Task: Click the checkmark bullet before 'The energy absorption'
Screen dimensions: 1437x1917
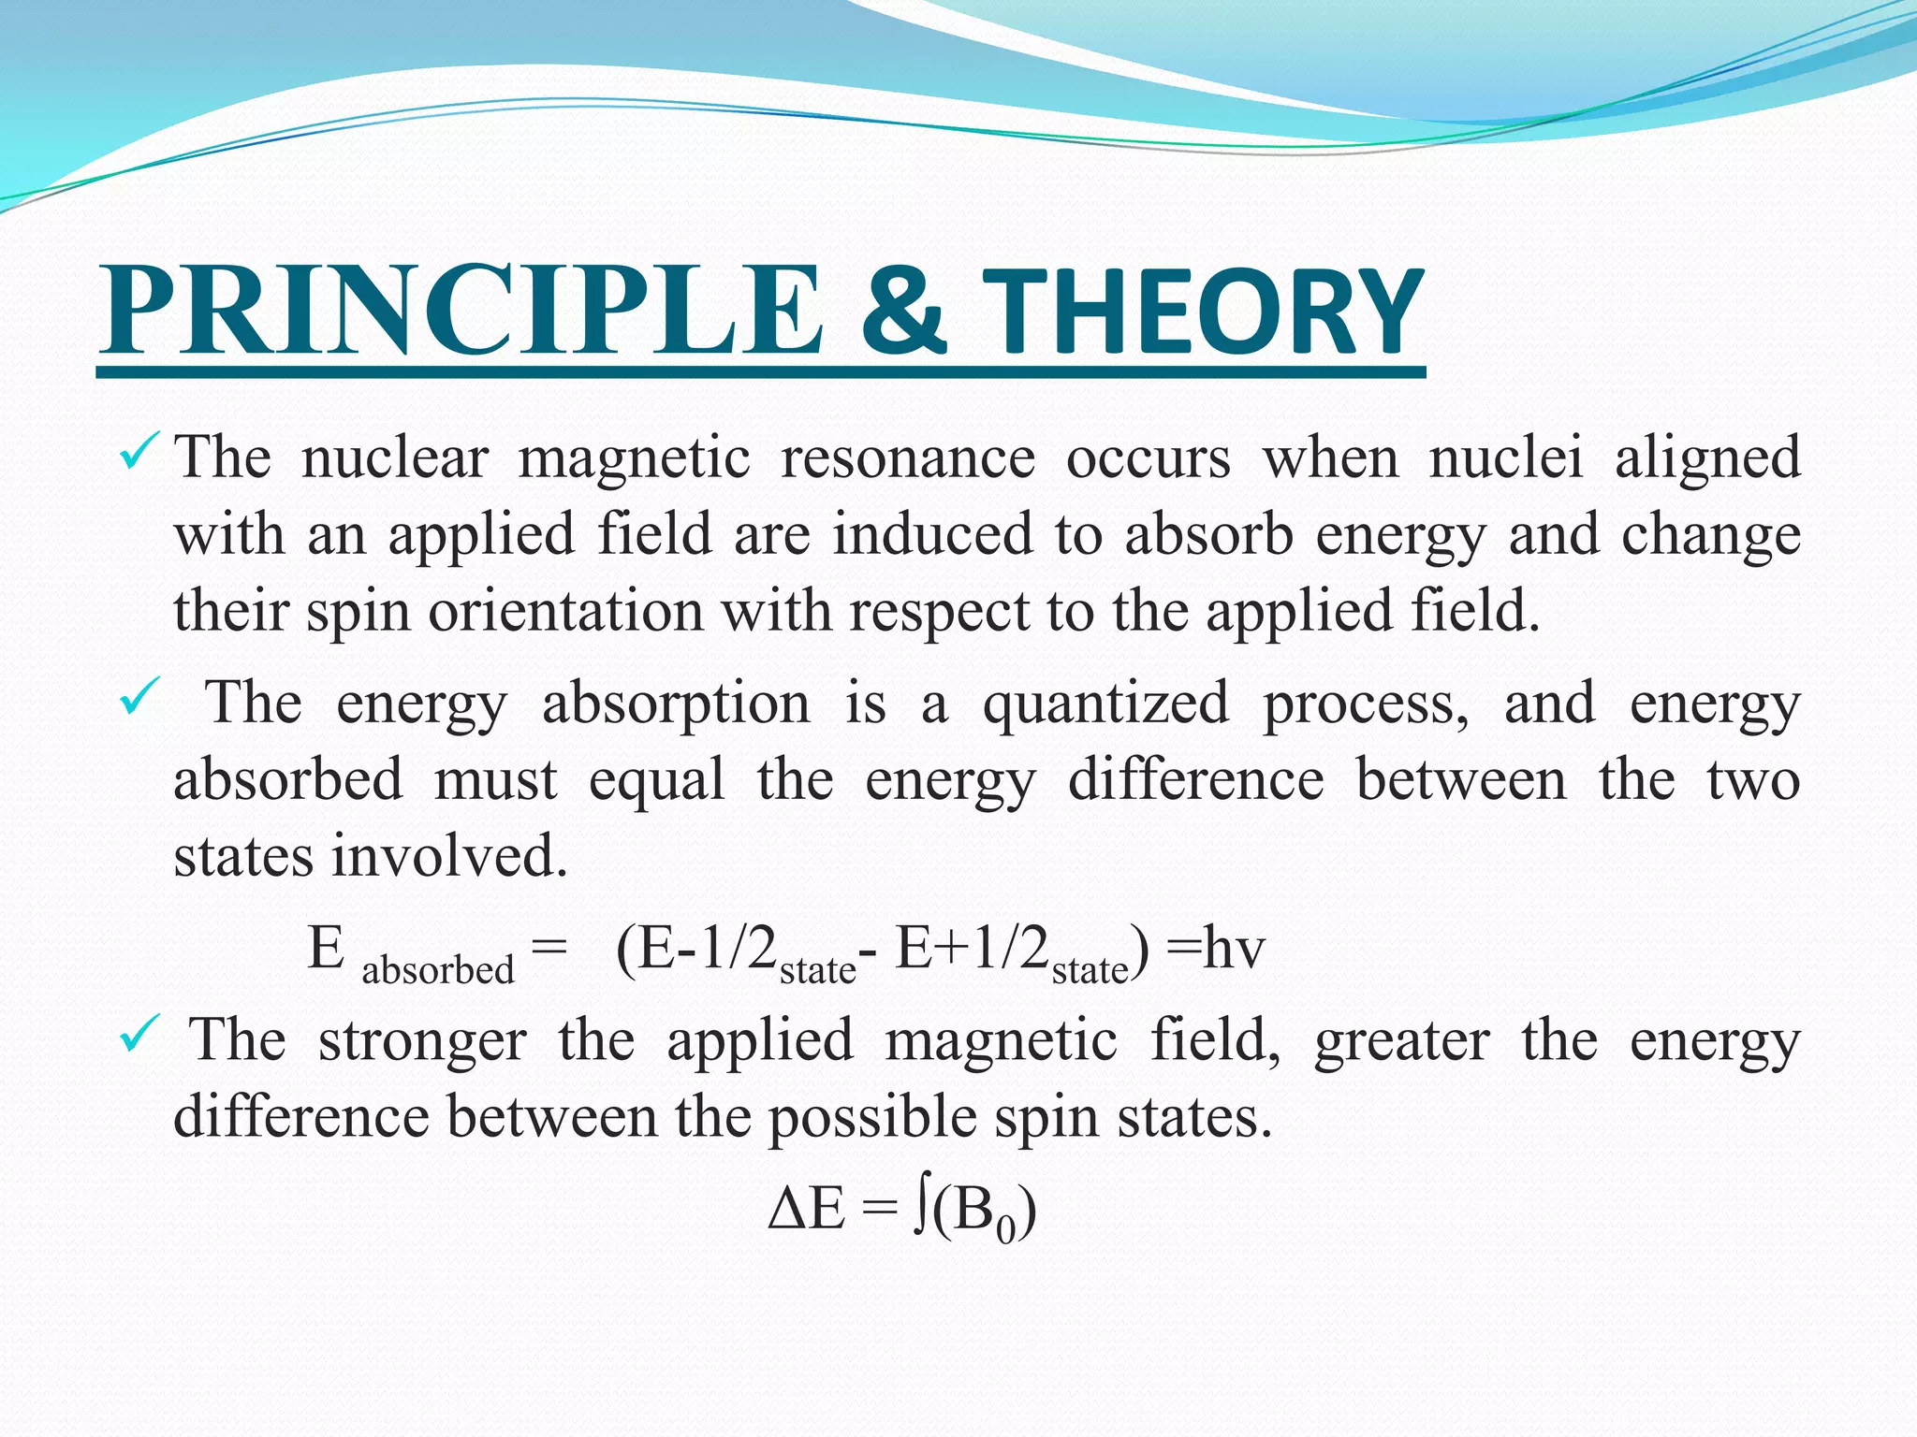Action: tap(139, 697)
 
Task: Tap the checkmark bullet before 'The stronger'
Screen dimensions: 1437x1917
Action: tap(139, 1033)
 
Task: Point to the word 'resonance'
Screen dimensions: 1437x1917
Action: tap(907, 458)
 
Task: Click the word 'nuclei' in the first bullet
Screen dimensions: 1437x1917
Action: tap(1506, 458)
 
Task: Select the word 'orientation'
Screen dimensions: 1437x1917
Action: tap(565, 612)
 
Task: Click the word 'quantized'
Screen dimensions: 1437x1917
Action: tap(1105, 704)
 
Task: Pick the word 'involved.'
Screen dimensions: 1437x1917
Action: tap(449, 856)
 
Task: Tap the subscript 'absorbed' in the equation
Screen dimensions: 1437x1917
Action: tap(437, 970)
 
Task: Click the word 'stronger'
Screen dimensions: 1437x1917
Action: tap(422, 1040)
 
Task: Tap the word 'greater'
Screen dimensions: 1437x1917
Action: tap(1401, 1040)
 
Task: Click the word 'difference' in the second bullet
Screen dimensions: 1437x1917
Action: tap(1195, 780)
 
